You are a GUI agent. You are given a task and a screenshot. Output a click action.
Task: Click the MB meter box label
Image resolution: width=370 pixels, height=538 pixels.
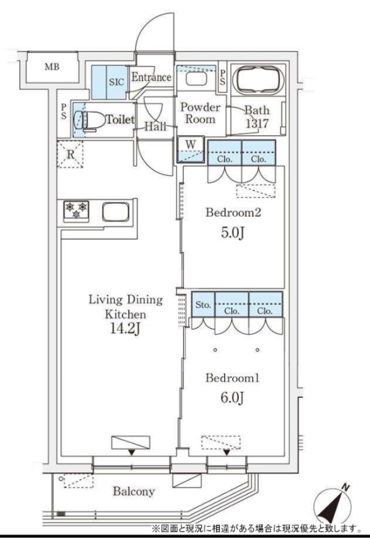point(52,67)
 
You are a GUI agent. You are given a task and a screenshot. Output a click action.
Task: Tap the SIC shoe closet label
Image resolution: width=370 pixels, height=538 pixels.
point(117,82)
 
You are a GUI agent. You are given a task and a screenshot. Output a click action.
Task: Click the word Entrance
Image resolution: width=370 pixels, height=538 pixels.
point(152,77)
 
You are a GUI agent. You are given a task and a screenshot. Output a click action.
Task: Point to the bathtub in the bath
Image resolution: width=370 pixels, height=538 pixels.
point(258,80)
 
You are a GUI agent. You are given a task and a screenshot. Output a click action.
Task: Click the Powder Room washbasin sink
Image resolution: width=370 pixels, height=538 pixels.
point(197,78)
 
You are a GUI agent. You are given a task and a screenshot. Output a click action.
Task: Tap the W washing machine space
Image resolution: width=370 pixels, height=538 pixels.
point(191,149)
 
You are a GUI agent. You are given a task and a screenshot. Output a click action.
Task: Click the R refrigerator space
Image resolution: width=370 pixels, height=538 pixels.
point(70,154)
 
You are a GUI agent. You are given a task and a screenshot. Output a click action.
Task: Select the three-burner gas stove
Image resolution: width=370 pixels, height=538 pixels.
point(76,210)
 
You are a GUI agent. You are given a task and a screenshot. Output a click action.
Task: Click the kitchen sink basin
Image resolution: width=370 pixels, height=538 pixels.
point(115,212)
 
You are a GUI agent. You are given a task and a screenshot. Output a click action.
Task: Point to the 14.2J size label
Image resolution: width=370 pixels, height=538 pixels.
point(125,329)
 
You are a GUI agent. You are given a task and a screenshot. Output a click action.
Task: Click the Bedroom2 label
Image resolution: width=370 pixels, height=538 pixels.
point(234,213)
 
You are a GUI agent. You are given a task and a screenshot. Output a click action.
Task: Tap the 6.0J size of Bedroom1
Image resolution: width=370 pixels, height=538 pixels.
point(232,398)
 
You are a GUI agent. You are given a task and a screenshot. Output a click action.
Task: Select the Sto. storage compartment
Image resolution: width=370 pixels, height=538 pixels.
point(203,305)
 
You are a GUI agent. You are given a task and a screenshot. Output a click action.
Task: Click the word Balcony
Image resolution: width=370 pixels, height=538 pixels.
point(134,492)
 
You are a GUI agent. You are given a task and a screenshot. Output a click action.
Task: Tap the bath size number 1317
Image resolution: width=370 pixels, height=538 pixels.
point(257,124)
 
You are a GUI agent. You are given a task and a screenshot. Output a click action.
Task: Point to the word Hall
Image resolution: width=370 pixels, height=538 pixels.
point(156,126)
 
